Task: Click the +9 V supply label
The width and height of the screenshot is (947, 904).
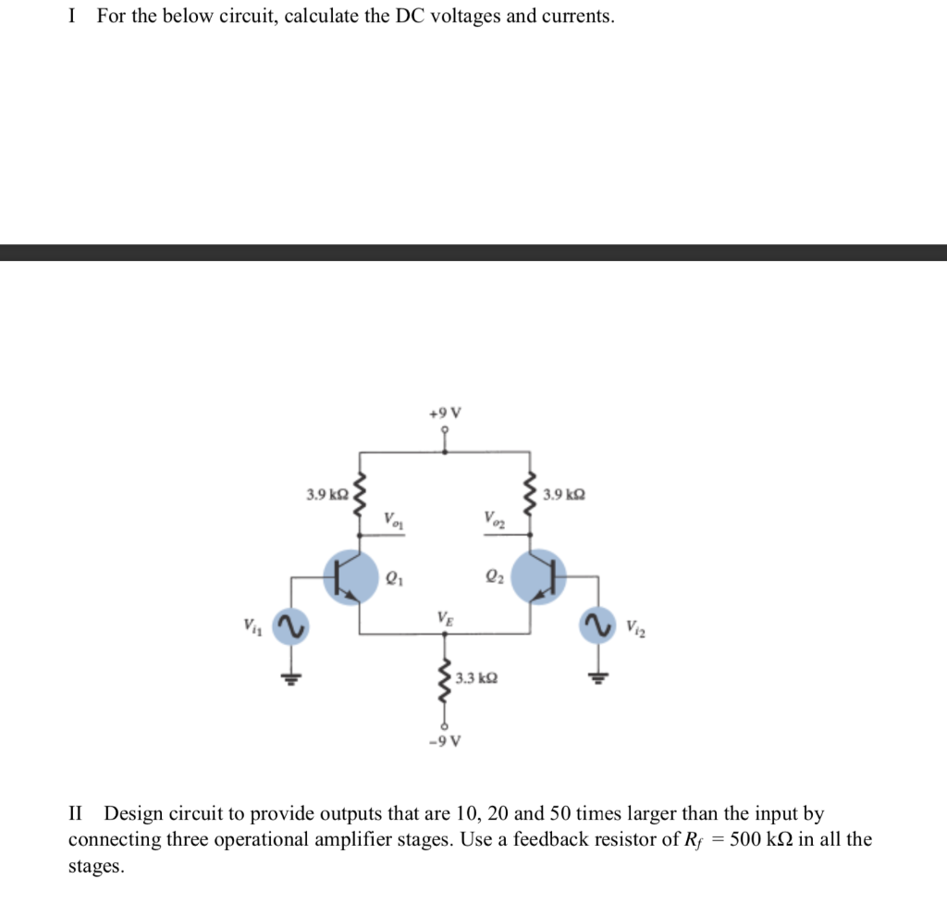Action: pos(445,413)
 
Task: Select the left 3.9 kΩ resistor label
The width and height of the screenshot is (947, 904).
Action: pos(327,495)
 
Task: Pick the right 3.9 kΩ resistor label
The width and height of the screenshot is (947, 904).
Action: pos(564,495)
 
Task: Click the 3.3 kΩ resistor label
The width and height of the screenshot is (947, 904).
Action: pos(477,678)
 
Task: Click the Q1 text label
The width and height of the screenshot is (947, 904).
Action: pos(394,581)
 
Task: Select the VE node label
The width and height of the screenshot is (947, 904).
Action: pos(445,617)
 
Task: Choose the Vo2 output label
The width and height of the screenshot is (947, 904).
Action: pos(494,520)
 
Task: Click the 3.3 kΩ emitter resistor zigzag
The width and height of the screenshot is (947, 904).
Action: pos(445,685)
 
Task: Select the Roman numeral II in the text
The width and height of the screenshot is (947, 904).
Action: pos(77,814)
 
